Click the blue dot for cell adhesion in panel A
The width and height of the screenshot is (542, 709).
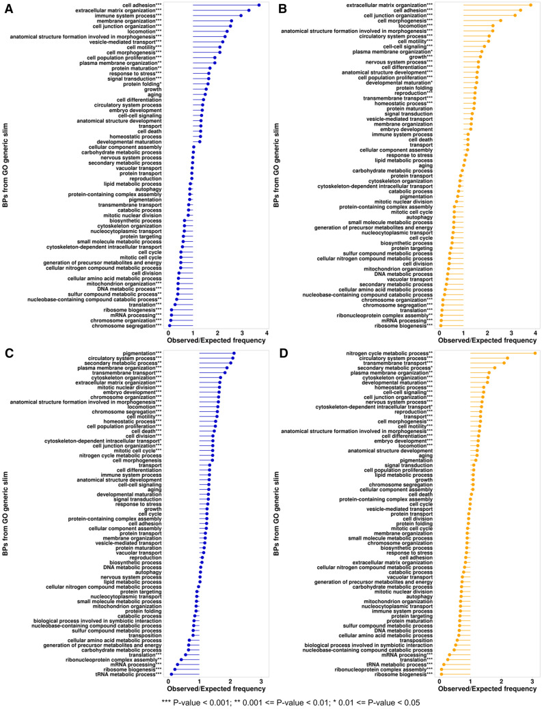coord(259,5)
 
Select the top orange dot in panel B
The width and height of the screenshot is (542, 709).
coord(530,5)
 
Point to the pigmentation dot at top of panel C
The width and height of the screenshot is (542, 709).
coord(234,353)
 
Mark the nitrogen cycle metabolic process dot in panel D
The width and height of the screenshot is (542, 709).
coord(534,353)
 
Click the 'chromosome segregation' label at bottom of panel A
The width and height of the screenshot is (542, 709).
coord(126,326)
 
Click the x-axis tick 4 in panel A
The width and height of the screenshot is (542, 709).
coord(267,334)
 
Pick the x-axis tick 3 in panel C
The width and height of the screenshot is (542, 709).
coord(261,682)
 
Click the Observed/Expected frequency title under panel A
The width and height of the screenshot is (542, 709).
coord(217,342)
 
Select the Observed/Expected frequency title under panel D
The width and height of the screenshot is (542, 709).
coord(487,689)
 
